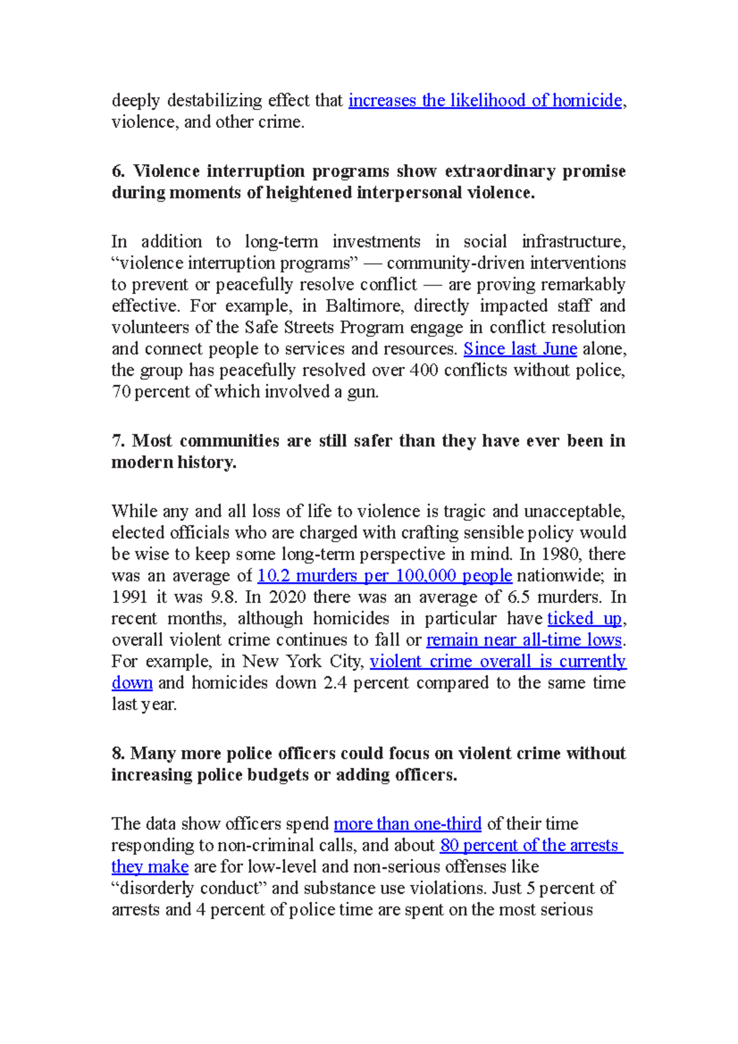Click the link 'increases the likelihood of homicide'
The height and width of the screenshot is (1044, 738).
[x=485, y=100]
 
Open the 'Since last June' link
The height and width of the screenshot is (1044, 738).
[x=520, y=349]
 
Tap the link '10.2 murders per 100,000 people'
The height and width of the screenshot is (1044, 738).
[x=384, y=575]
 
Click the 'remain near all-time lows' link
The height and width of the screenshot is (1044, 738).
[x=524, y=639]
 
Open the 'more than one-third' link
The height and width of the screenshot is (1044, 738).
[x=407, y=823]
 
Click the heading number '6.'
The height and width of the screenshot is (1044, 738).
[x=118, y=171]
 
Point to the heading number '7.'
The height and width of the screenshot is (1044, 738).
[x=118, y=441]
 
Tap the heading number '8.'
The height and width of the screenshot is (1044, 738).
[x=118, y=753]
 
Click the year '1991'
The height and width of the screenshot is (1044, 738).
[x=130, y=597]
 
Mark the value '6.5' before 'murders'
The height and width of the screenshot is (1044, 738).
[x=517, y=597]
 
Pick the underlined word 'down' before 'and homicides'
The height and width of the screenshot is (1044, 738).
[x=132, y=682]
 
